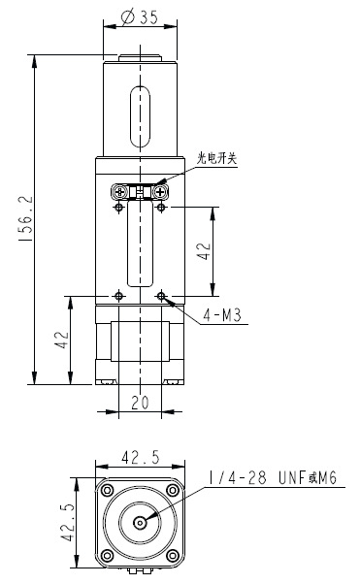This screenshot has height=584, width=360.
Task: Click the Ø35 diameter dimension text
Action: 140,16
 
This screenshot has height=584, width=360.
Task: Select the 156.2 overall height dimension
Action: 26,219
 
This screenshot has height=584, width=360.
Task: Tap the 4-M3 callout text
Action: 222,315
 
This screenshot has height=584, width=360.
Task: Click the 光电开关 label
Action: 217,159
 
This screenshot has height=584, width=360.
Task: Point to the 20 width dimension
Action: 140,403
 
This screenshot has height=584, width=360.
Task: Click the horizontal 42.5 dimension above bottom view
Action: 140,457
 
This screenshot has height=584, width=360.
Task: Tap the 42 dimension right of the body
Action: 204,251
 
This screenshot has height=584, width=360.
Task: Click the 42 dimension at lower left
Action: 62,340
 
